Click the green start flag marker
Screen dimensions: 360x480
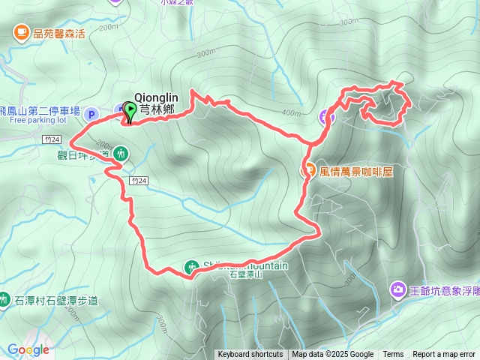129,112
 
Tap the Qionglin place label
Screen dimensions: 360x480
157,96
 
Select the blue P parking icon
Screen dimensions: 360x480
91,114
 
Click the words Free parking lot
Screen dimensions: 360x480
39,119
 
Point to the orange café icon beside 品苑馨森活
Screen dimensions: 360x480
19,31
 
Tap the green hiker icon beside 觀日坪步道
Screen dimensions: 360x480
121,154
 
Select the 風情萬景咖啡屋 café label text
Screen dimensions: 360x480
356,171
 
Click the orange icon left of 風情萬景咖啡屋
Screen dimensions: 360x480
308,170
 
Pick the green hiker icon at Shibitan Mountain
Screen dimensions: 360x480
193,266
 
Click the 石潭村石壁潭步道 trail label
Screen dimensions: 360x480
56,301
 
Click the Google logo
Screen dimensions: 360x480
28,349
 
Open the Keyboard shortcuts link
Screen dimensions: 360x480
250,355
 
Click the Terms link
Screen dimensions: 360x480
393,355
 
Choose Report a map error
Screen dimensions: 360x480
445,355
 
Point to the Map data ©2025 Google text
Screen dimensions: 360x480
333,355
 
